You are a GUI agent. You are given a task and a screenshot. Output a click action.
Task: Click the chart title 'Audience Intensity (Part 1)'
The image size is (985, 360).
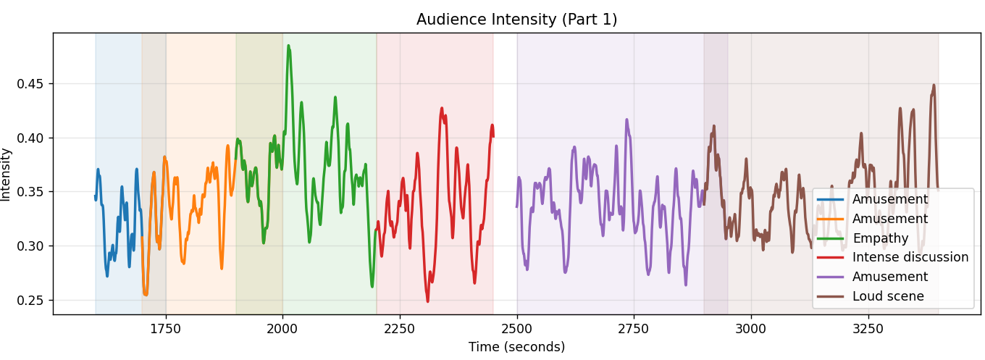pyautogui.click(x=516, y=20)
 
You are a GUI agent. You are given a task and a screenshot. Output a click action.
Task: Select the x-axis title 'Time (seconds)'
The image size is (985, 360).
pyautogui.click(x=516, y=347)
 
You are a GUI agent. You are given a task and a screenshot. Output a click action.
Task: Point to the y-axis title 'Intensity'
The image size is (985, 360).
pyautogui.click(x=5, y=175)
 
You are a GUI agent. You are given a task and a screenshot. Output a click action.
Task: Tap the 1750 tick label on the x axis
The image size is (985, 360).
pyautogui.click(x=165, y=329)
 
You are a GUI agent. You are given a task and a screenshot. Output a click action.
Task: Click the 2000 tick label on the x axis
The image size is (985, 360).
pyautogui.click(x=282, y=329)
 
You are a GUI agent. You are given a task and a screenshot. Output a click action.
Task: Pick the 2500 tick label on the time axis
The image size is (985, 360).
pyautogui.click(x=516, y=329)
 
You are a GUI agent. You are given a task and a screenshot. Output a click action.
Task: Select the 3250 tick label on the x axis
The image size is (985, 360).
pyautogui.click(x=868, y=329)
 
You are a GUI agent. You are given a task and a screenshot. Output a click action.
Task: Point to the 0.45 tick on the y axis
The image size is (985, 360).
pyautogui.click(x=30, y=83)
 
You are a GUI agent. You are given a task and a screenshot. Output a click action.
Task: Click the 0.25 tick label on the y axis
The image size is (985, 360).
pyautogui.click(x=30, y=300)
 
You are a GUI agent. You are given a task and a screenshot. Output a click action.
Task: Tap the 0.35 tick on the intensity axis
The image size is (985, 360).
pyautogui.click(x=30, y=192)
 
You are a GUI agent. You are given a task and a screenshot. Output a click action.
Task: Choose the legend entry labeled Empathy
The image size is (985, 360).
pyautogui.click(x=863, y=238)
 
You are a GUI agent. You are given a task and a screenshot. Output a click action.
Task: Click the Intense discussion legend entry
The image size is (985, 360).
pyautogui.click(x=892, y=257)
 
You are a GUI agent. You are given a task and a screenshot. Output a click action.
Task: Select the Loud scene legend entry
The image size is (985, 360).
pyautogui.click(x=871, y=296)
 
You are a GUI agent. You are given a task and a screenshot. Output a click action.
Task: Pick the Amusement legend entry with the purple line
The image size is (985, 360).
pyautogui.click(x=872, y=277)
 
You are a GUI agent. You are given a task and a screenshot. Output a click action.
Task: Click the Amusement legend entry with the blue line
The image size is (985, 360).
pyautogui.click(x=872, y=199)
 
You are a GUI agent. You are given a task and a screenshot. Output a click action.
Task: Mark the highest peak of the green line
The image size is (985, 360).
pyautogui.click(x=288, y=46)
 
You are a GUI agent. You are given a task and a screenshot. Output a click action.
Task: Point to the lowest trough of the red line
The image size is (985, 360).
pyautogui.click(x=427, y=301)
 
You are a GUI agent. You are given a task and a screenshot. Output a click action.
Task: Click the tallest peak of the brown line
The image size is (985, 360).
pyautogui.click(x=934, y=85)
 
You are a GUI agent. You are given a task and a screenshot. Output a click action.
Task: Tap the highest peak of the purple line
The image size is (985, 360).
pyautogui.click(x=626, y=120)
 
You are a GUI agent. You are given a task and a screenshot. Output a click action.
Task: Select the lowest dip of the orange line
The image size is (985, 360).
pyautogui.click(x=146, y=295)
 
